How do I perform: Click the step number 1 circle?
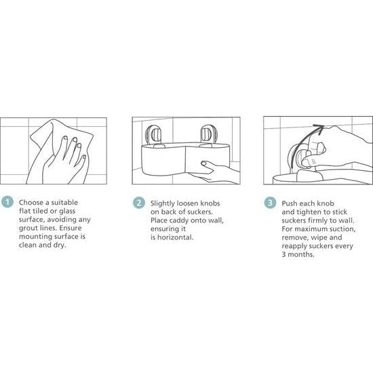7,201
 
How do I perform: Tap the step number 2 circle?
139,203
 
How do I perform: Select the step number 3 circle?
270,203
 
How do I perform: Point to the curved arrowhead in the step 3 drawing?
319,127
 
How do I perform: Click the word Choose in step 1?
31,203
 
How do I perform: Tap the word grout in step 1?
28,229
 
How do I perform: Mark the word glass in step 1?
67,211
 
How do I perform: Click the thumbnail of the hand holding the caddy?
186,151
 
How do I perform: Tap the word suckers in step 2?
200,212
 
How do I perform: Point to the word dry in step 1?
59,246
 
